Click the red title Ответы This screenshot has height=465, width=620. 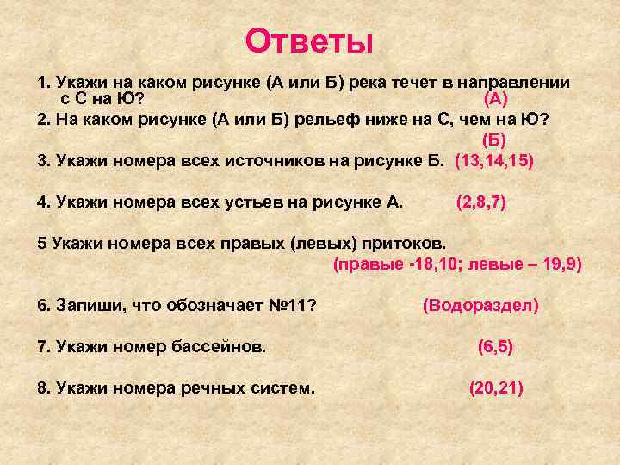tap(309, 40)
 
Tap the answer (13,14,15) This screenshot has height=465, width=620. tap(494, 160)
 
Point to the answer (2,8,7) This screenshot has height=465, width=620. tap(480, 201)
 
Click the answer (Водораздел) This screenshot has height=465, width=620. tap(480, 305)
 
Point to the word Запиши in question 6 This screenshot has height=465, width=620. tap(84, 305)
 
